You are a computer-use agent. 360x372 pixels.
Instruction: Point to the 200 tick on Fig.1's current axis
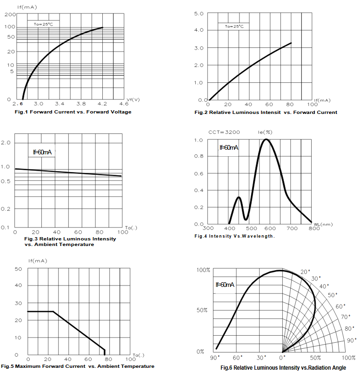click(x=10, y=14)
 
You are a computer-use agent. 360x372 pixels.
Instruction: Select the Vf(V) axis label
click(x=133, y=99)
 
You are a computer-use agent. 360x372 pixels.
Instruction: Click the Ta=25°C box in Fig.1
click(x=43, y=24)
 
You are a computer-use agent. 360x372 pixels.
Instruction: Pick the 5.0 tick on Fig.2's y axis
click(x=199, y=13)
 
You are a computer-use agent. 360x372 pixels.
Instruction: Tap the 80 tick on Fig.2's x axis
click(x=291, y=104)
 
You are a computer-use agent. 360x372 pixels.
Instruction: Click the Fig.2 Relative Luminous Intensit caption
click(x=266, y=112)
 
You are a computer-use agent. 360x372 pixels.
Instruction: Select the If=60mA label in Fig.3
click(x=42, y=152)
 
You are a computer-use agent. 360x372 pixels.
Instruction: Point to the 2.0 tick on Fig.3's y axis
click(x=6, y=142)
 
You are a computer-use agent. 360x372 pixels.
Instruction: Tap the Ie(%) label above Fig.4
click(x=265, y=133)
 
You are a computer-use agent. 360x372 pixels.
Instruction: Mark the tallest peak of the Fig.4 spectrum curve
click(x=266, y=139)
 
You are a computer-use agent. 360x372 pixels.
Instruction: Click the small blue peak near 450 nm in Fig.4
click(x=239, y=197)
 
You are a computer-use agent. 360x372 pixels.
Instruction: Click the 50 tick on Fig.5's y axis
click(x=19, y=269)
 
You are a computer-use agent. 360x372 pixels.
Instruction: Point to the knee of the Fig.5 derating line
click(x=53, y=312)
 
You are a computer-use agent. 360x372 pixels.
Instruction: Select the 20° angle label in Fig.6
click(x=305, y=272)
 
